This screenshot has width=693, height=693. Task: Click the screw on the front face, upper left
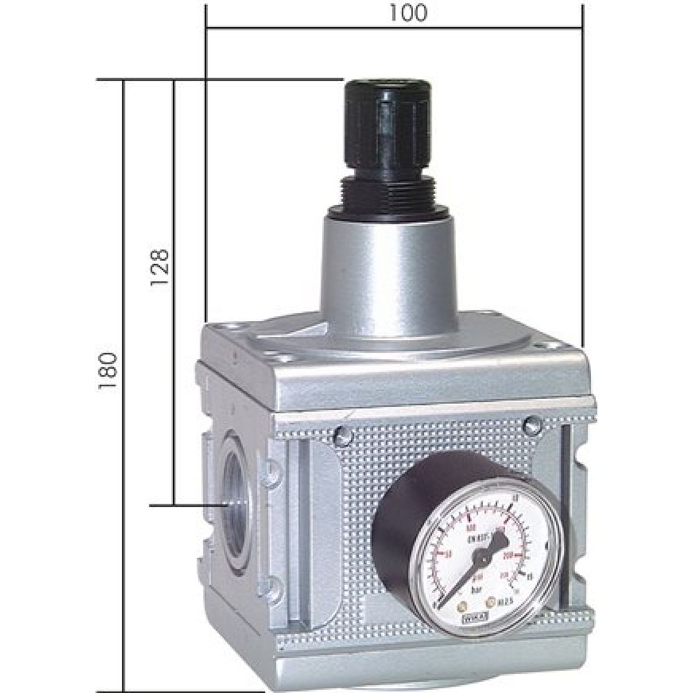click(342, 435)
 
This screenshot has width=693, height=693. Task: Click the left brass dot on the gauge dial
click(462, 603)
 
